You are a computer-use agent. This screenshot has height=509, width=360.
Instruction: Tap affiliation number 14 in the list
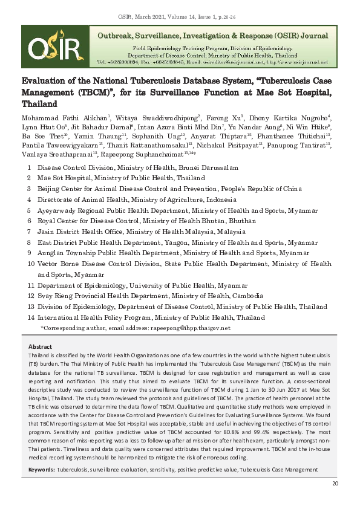[31, 317]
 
